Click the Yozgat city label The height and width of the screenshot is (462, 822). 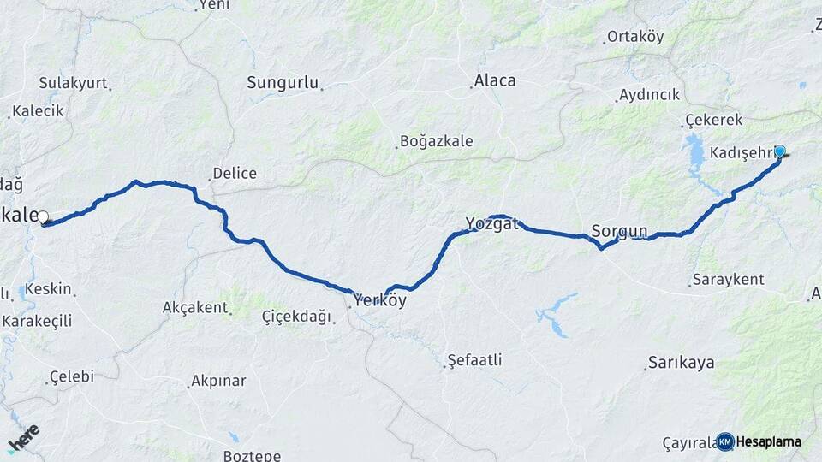coord(492,224)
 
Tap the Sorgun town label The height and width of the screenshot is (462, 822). coord(619,230)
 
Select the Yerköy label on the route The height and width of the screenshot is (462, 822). coord(379,301)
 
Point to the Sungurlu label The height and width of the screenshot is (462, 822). coord(283,83)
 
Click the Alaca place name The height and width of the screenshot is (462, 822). coord(495,81)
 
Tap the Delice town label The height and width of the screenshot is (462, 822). coord(235,173)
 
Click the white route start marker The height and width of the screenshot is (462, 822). coord(42,217)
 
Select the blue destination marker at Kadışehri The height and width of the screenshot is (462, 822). coord(779,151)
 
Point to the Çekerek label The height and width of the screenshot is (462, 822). coord(714,121)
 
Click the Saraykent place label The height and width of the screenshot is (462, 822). coord(729,280)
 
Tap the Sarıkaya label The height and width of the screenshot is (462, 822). coord(682,362)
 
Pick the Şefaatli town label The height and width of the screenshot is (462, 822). coord(474,360)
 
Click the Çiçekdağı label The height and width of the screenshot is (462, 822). coord(296,317)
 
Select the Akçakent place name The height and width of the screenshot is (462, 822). coord(195,307)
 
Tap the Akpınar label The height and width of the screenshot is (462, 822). coord(218,381)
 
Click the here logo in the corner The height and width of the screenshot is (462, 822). coord(23,439)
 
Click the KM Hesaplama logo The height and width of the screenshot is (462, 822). coord(759,441)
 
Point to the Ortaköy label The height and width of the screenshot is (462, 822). coord(635,37)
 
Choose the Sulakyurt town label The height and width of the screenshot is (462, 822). coord(73,83)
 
